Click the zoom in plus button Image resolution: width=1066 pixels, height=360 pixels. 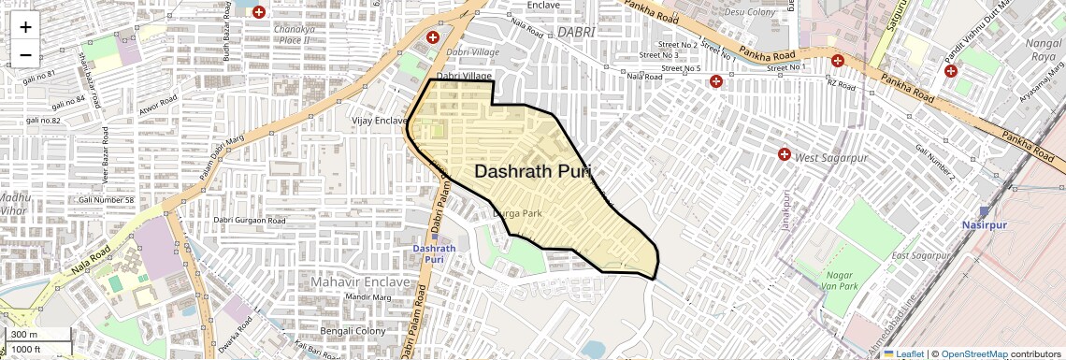pos(25,27)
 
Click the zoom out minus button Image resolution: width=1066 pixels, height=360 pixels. pos(25,55)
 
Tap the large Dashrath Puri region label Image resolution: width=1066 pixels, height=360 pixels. pos(533,172)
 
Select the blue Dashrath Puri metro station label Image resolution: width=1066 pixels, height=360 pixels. pos(435,253)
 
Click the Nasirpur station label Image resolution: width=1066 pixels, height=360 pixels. pos(983,225)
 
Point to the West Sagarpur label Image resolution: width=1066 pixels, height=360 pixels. pos(830,158)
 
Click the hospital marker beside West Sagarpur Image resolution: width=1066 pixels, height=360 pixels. pos(785,153)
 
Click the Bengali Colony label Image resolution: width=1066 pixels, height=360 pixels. pos(353,331)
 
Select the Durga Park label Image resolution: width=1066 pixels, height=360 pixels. pos(517,214)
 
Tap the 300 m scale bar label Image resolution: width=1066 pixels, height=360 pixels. pos(24,335)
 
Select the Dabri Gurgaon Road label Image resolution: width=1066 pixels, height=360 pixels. pos(250,221)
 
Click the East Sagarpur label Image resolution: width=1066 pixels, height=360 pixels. pos(920,256)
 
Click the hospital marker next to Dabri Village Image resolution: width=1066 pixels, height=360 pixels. pos(433,37)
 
